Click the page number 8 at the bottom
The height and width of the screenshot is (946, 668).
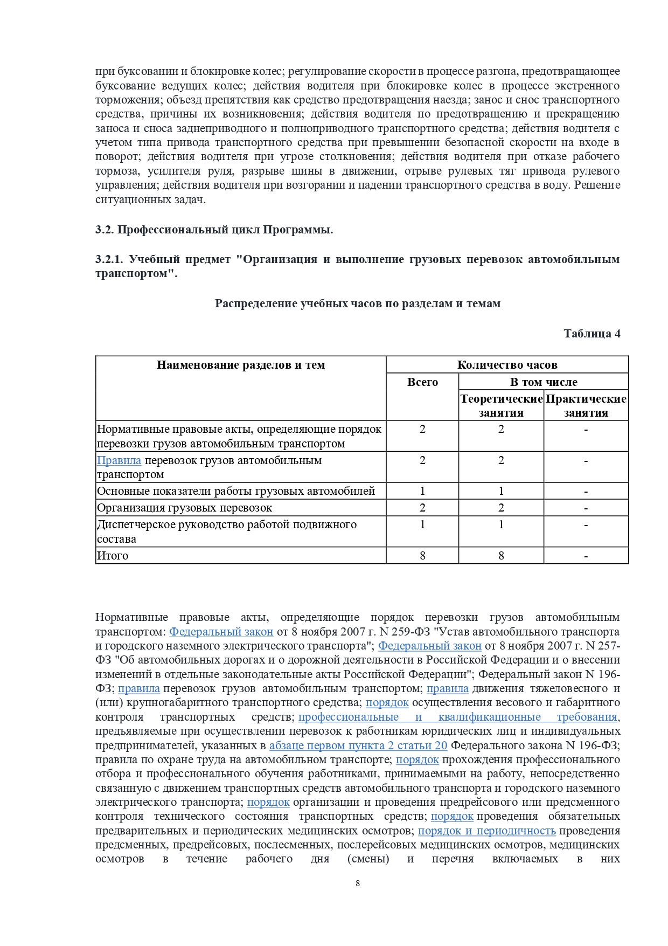tap(358, 883)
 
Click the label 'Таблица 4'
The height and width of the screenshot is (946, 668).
tap(592, 334)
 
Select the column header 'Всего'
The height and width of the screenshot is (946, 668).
tap(422, 382)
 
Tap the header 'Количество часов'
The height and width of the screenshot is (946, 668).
tap(507, 365)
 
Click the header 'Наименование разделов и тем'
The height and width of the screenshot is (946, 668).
tap(241, 365)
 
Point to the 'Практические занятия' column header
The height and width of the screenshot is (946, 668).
tap(586, 405)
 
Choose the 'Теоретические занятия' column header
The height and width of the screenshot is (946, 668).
tap(501, 405)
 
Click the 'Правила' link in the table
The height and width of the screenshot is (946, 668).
tap(119, 460)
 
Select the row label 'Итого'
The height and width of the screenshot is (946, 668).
tap(113, 556)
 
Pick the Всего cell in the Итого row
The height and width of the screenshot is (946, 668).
tap(422, 556)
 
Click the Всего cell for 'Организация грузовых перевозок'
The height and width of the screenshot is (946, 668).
tap(422, 508)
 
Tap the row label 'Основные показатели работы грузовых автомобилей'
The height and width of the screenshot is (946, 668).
tap(236, 491)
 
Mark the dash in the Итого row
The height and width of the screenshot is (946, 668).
tap(586, 556)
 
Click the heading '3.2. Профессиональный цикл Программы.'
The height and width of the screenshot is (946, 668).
tap(214, 230)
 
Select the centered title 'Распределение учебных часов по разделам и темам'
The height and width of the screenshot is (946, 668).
tap(358, 303)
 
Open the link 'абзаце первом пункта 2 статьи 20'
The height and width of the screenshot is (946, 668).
tap(358, 745)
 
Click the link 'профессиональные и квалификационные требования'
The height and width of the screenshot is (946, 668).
tap(457, 717)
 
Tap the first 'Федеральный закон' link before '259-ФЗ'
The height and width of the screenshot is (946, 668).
tap(221, 632)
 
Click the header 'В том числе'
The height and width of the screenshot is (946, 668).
tap(544, 382)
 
